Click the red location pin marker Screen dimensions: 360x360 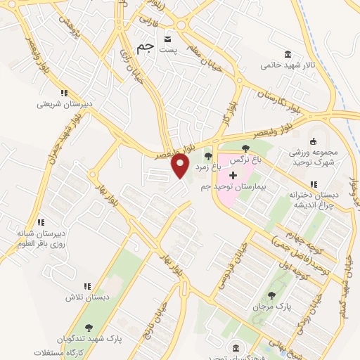pyautogui.click(x=181, y=165)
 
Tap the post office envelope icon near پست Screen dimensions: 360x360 pyautogui.click(x=167, y=39)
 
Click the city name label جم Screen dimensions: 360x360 pyautogui.click(x=143, y=48)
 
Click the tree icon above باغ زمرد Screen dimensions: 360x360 pyautogui.click(x=207, y=156)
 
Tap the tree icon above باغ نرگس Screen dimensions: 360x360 pyautogui.click(x=245, y=148)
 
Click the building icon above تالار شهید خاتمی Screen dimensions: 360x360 pyautogui.click(x=288, y=54)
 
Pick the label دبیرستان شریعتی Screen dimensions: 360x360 pyautogui.click(x=64, y=104)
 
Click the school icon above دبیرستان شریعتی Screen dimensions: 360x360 pyautogui.click(x=64, y=93)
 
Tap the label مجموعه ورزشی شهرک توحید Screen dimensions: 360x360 pyautogui.click(x=312, y=157)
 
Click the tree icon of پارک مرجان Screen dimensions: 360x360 pyautogui.click(x=271, y=295)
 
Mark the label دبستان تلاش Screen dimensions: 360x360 pyautogui.click(x=87, y=297)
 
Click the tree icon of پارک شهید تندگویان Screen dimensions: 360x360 pyautogui.click(x=88, y=327)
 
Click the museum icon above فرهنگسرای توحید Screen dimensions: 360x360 pyautogui.click(x=236, y=349)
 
